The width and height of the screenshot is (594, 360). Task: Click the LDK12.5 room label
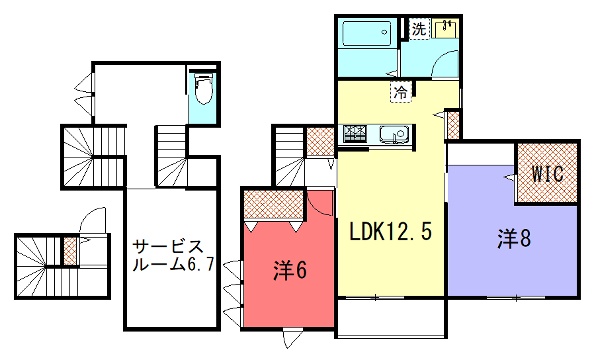pos(390,232)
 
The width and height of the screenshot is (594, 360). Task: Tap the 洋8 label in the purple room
pos(514,239)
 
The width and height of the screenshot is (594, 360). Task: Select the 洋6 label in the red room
pos(290,271)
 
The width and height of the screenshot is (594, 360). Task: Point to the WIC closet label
pos(547,174)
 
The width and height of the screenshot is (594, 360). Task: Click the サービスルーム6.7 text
pos(174,256)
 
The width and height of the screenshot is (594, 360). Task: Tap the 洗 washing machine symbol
pos(419,29)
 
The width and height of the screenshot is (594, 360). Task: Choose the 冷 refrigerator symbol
pos(401,92)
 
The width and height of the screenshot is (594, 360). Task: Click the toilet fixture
pos(203,88)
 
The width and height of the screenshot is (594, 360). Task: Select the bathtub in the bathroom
pos(366,34)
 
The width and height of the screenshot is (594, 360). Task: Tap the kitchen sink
pos(394,135)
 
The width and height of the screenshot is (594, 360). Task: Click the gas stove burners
pos(355,134)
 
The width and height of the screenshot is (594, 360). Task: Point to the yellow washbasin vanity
pos(445,29)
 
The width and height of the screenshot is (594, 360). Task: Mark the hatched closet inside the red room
pos(274,205)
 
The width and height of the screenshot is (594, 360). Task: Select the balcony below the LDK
pos(392,318)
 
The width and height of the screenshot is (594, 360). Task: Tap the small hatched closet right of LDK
pos(453,124)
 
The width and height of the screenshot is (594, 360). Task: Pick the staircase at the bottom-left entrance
pos(38,266)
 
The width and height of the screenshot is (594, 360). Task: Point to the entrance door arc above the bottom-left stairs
pos(91,219)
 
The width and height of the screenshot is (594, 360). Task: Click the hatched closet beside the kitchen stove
pos(320,141)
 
